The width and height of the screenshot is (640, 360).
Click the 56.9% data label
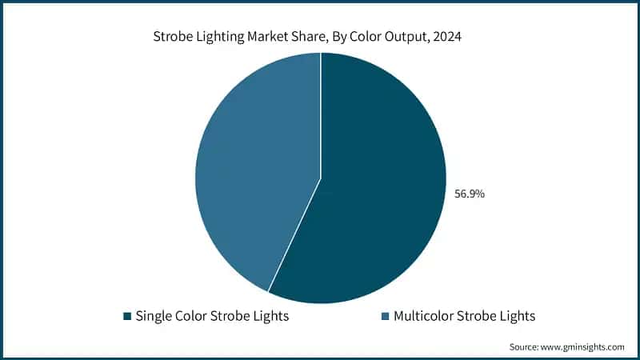469,194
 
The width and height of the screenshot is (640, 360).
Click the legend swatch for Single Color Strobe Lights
127,317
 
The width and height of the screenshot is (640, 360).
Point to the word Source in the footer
525,347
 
